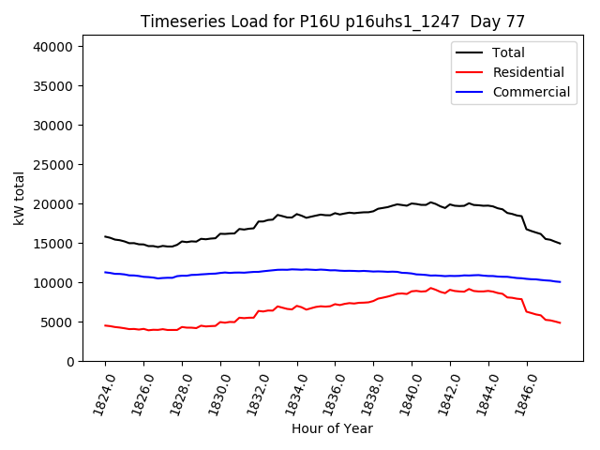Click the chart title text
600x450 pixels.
pos(332,22)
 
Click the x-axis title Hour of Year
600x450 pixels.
pos(332,428)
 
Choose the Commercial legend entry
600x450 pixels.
pos(531,92)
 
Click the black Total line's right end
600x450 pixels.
pos(560,244)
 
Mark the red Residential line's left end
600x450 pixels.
pos(105,325)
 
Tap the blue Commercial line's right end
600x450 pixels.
pos(560,282)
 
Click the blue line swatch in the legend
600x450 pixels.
pos(470,92)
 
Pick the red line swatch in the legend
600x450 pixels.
pos(470,72)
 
